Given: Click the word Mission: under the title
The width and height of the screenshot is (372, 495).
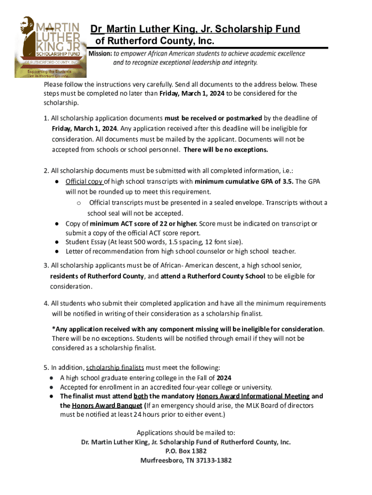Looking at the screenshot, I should (x=100, y=53).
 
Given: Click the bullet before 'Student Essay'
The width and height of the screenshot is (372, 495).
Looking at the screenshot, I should (x=57, y=242).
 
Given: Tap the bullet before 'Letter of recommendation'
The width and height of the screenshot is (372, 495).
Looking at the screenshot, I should (x=57, y=251).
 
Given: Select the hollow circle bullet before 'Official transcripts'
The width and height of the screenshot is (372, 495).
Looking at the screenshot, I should (x=79, y=203).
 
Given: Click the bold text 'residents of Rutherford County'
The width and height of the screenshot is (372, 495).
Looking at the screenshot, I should (x=97, y=277).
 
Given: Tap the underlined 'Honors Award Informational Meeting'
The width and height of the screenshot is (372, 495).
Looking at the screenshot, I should (x=253, y=396).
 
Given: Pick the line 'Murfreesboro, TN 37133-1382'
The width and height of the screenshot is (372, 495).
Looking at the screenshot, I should (x=186, y=461).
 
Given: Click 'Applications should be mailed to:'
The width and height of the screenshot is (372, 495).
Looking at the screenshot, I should (x=186, y=433).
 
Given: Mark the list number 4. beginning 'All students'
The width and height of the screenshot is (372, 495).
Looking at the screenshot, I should (x=46, y=304).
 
